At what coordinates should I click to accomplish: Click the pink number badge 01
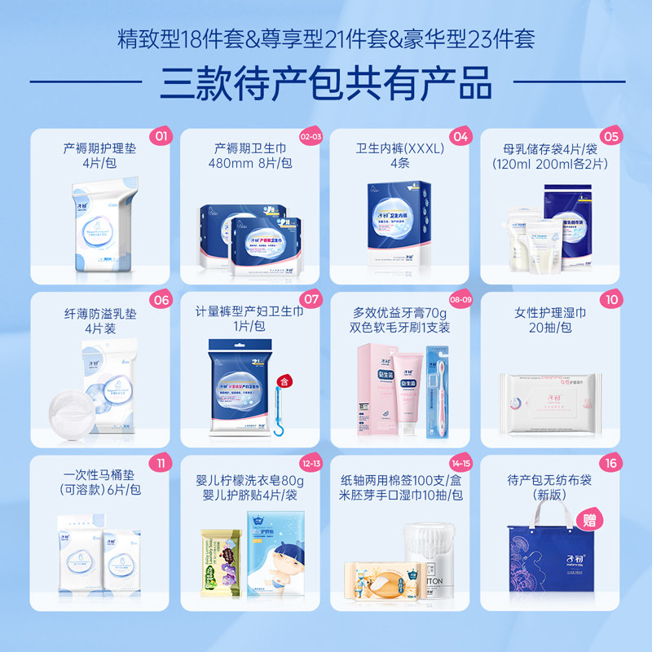coord(161,135)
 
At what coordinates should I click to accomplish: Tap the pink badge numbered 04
coord(461,135)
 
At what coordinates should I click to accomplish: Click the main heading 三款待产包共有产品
coord(325,81)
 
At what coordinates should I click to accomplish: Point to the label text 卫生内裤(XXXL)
coord(399,149)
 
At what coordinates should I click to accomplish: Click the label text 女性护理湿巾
coord(550,313)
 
